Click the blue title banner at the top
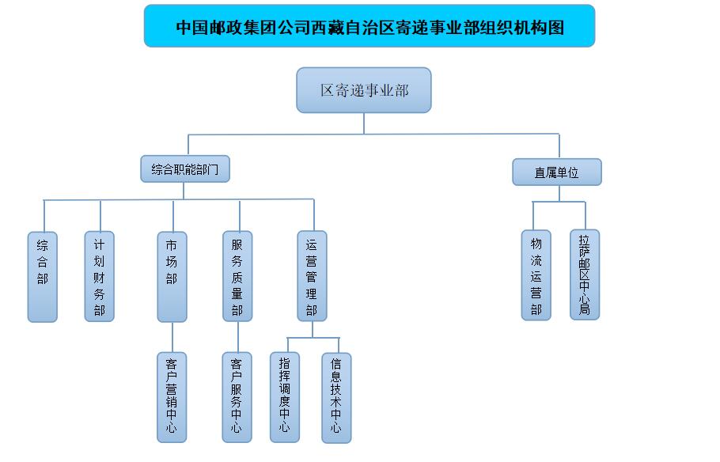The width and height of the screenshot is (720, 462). [x=369, y=26]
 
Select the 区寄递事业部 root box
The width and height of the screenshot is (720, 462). [x=364, y=90]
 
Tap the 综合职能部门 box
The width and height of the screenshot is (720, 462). [x=185, y=169]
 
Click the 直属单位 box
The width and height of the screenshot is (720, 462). [x=556, y=172]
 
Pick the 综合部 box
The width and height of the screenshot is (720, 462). [x=42, y=277]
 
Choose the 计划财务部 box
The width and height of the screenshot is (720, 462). [x=99, y=276]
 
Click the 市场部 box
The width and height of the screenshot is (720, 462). [x=172, y=277]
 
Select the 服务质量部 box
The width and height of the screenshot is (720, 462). [x=237, y=276]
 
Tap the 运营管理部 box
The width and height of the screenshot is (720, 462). [x=312, y=276]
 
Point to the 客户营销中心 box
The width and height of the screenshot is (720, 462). [x=172, y=397]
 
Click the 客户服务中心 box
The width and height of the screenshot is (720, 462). [x=237, y=397]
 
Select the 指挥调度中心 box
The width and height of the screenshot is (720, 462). [x=285, y=397]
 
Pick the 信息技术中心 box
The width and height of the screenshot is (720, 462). [x=336, y=398]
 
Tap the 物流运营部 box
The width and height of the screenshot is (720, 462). [x=536, y=275]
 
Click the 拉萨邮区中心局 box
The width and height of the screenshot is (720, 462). [x=585, y=275]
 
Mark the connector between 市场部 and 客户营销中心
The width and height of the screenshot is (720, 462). [x=172, y=337]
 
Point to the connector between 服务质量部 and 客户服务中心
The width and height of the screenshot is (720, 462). [x=238, y=337]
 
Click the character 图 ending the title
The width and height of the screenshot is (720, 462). [x=556, y=28]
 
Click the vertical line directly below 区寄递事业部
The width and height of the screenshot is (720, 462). [x=364, y=123]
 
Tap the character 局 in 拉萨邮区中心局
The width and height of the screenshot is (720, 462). [x=584, y=309]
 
